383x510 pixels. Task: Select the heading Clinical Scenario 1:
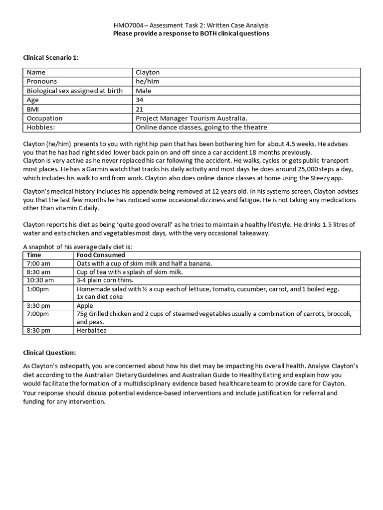point(51,58)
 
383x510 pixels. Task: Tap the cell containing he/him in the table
point(147,81)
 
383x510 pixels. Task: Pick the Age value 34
point(140,100)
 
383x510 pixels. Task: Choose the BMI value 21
point(139,109)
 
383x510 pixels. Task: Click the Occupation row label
point(44,118)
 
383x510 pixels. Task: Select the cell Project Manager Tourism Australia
point(191,118)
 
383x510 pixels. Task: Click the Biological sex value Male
point(144,91)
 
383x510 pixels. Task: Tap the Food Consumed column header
point(101,255)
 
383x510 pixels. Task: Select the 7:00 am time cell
point(38,263)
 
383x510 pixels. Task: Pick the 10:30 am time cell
point(39,280)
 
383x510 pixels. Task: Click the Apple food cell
point(84,305)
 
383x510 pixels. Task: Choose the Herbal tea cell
point(91,330)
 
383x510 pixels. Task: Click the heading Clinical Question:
point(49,353)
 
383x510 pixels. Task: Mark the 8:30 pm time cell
point(38,330)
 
